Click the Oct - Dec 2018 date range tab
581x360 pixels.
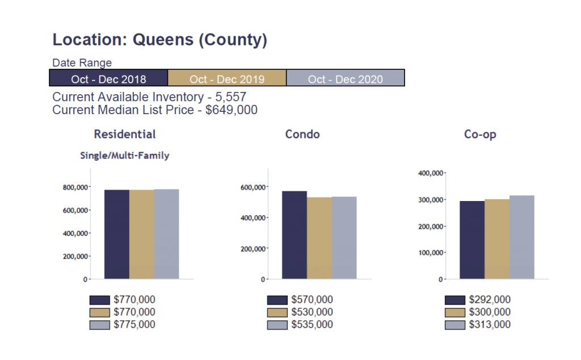pos(108,78)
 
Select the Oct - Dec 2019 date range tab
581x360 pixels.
pos(227,78)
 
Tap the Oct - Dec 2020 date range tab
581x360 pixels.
pos(345,78)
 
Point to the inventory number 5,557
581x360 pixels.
pos(231,97)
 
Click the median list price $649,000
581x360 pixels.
pos(231,110)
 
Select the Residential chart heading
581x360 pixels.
pos(125,135)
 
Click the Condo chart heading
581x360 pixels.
pos(302,135)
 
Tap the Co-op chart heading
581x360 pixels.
pos(480,135)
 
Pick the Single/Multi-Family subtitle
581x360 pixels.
pos(125,155)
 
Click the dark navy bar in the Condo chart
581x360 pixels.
pos(294,235)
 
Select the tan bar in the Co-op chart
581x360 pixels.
pos(497,239)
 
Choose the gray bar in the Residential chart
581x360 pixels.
pos(167,234)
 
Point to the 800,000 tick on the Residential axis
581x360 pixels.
pos(74,187)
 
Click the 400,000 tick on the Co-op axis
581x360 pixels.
pos(430,173)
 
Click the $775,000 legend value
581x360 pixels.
pos(134,325)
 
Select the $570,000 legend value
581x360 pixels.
pos(312,300)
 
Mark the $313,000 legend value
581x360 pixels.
pos(490,325)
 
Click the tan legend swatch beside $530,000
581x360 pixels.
pos(277,312)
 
